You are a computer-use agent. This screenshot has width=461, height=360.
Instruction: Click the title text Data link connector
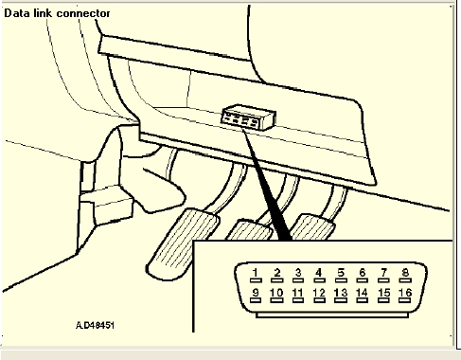pyautogui.click(x=57, y=13)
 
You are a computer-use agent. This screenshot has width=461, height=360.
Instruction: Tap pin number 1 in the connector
pyautogui.click(x=256, y=275)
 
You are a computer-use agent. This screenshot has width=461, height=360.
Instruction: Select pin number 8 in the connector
pyautogui.click(x=405, y=275)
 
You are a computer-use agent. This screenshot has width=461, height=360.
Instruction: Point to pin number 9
pyautogui.click(x=256, y=296)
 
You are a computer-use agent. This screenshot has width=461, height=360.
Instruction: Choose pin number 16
pyautogui.click(x=405, y=296)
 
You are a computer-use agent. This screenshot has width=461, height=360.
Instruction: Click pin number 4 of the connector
pyautogui.click(x=319, y=275)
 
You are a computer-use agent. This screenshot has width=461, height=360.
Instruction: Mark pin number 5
pyautogui.click(x=341, y=275)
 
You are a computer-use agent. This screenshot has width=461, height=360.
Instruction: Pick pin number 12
pyautogui.click(x=319, y=296)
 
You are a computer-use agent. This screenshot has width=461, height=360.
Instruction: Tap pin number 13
pyautogui.click(x=341, y=296)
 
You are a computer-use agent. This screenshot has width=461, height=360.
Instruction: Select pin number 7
pyautogui.click(x=383, y=275)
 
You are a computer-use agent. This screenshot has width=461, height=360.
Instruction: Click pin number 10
pyautogui.click(x=276, y=296)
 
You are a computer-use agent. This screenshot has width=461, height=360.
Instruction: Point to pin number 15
pyautogui.click(x=383, y=296)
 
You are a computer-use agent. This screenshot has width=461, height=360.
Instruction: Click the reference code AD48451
pyautogui.click(x=95, y=325)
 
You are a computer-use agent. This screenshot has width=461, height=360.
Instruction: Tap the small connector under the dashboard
pyautogui.click(x=249, y=117)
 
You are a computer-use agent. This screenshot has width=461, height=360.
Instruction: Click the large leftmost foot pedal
pyautogui.click(x=183, y=243)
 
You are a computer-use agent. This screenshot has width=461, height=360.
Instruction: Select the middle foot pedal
pyautogui.click(x=249, y=230)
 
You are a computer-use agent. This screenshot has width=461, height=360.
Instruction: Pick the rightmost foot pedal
pyautogui.click(x=311, y=226)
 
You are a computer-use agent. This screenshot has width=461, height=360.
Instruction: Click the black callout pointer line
pyautogui.click(x=266, y=184)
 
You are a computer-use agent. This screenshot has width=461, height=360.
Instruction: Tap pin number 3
pyautogui.click(x=298, y=275)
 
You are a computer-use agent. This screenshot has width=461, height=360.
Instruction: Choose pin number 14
pyautogui.click(x=362, y=296)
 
